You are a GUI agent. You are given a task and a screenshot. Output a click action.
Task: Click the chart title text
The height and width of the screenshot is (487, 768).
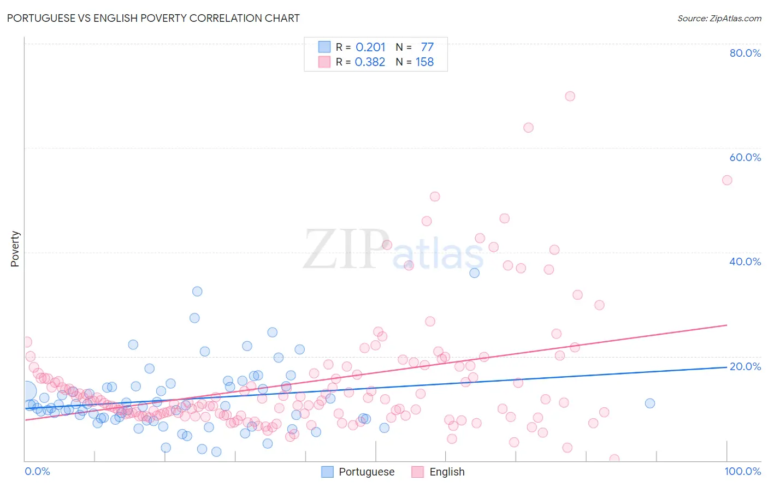point(153,18)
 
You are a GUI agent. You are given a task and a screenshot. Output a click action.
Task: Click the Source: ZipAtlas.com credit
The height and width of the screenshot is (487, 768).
point(719,19)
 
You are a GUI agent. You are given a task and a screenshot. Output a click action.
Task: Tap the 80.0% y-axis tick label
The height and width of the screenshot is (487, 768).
point(745,53)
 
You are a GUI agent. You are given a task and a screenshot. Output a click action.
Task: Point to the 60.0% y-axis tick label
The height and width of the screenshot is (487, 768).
point(745,157)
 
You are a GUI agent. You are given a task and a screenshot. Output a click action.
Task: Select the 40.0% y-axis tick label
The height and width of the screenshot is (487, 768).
point(745,262)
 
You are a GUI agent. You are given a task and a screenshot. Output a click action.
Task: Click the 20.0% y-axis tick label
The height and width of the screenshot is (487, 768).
point(745,366)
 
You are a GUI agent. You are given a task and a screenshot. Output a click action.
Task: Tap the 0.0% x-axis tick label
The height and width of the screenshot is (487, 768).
point(37,471)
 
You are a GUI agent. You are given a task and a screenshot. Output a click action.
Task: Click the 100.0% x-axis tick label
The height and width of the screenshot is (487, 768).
point(742,471)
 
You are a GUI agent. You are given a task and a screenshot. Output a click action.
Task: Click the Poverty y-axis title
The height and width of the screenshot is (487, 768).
point(15,249)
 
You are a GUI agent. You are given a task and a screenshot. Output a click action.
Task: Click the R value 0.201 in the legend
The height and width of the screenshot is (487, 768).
point(370,47)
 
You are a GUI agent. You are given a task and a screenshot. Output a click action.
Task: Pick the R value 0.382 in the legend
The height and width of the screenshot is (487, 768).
point(370,62)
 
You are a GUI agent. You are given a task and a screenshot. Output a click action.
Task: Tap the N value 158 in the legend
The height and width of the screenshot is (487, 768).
point(424,62)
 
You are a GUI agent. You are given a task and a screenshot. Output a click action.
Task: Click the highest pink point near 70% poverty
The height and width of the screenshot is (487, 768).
point(570,96)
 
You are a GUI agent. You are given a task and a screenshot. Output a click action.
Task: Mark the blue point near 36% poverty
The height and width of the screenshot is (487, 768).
point(474,273)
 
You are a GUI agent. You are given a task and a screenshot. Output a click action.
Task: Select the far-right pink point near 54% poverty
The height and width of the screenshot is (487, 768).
point(727,180)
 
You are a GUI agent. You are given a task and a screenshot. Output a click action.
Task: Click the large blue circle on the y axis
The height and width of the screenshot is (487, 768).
point(26,390)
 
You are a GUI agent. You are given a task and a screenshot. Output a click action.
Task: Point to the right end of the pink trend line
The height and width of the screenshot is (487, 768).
point(726,325)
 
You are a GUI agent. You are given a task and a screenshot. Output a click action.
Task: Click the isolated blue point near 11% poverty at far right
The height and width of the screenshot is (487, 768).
point(649,403)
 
